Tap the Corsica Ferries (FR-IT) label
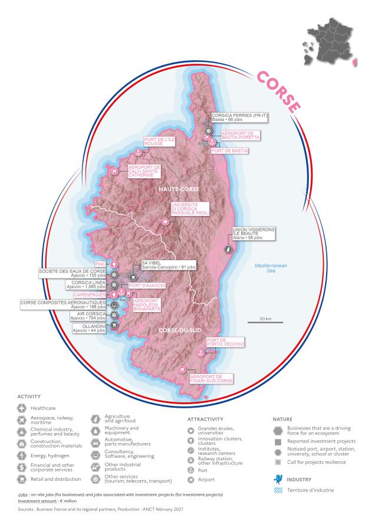coord(240,117)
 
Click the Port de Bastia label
coord(229,151)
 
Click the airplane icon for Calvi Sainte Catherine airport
coord(114,171)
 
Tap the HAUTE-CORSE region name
coord(179,189)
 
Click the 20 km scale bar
coord(265,322)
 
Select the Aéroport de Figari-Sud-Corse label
coord(210,379)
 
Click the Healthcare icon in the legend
coord(22,408)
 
